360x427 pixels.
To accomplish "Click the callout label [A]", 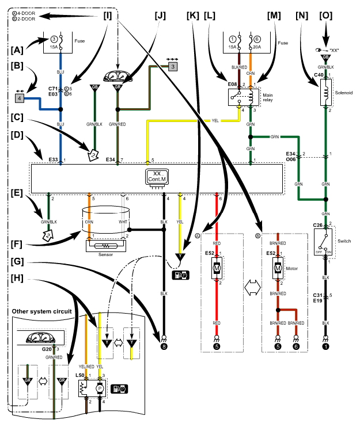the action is [17, 50].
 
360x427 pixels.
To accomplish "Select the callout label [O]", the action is [325, 16].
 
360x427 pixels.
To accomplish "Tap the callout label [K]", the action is [193, 16].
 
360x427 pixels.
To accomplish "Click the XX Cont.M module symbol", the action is [157, 178].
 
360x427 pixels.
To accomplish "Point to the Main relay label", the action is [268, 97].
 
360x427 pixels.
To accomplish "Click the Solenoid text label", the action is [344, 93].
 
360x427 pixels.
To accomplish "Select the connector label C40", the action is [319, 75].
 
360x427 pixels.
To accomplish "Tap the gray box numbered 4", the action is [20, 98].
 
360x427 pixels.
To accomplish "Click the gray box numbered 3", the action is [173, 66].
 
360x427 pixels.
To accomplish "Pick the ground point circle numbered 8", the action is [164, 346].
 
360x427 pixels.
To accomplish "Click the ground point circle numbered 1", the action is [325, 346].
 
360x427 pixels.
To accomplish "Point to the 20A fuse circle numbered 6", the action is [257, 39].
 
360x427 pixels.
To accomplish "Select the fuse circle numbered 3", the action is [54, 39].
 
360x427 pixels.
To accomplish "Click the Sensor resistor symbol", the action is [106, 246].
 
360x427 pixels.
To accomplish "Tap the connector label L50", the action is [80, 375].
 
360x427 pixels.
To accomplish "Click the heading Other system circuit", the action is [41, 311].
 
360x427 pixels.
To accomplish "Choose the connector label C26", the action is [318, 225].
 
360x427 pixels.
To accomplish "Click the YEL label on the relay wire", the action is [215, 121].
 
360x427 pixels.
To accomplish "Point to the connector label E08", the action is [233, 84].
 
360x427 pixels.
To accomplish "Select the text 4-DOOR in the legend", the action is [26, 13].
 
